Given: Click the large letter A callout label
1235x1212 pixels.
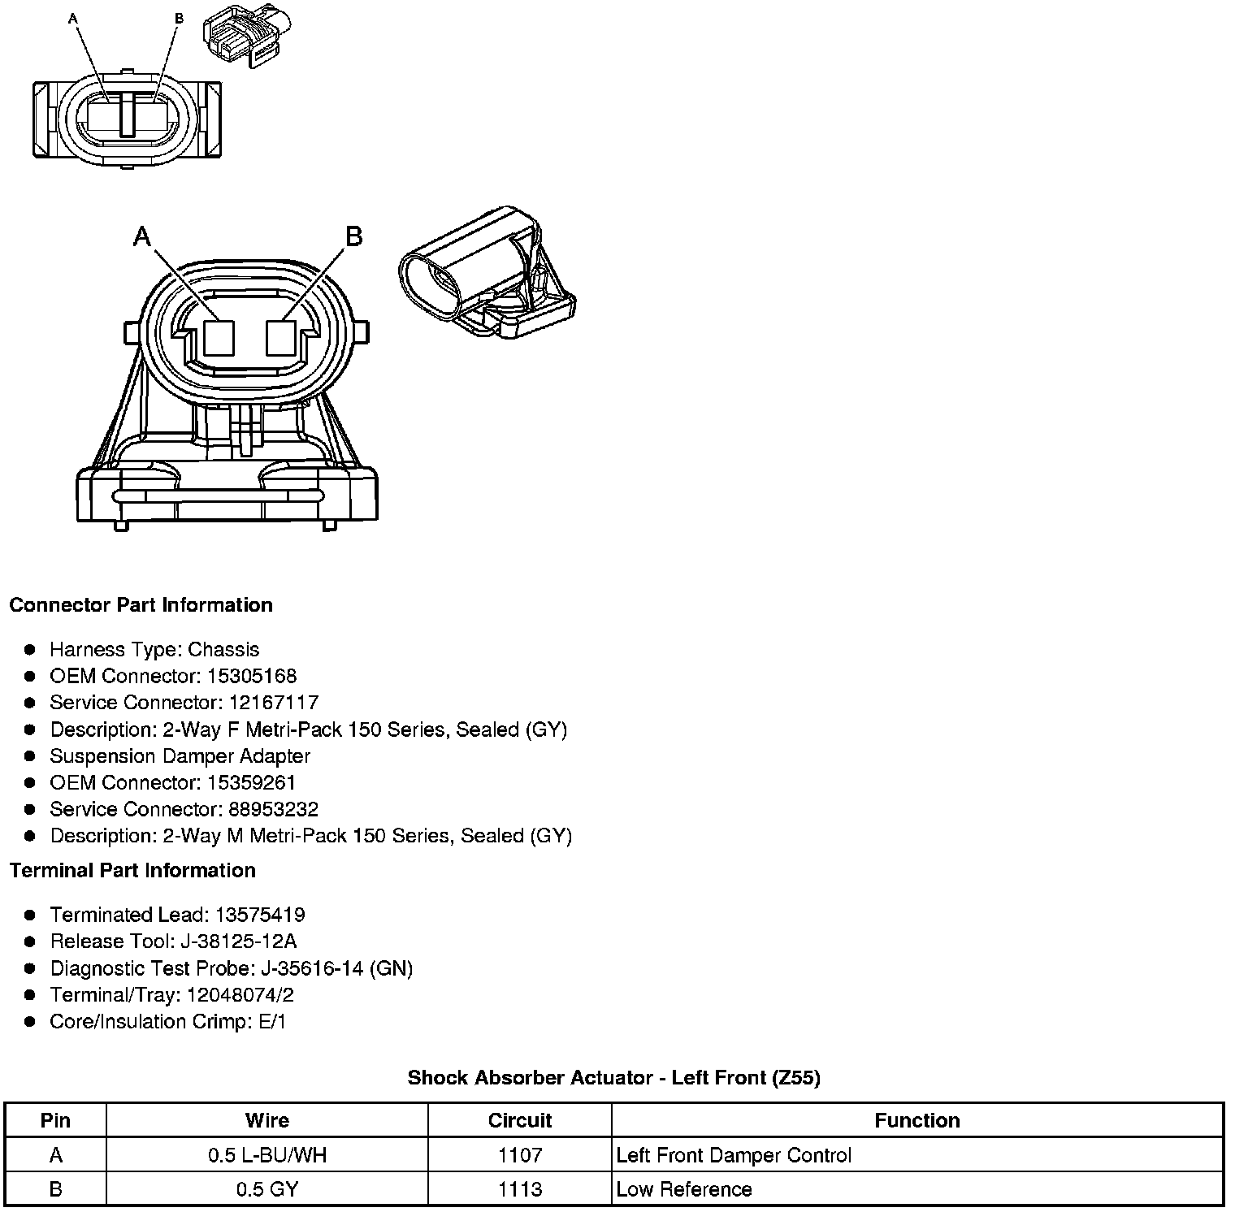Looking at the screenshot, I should [142, 236].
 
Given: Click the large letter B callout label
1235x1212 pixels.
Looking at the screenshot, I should [353, 236].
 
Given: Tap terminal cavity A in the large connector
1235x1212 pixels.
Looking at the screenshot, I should [219, 338].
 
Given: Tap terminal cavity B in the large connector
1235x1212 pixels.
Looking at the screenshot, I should [281, 338].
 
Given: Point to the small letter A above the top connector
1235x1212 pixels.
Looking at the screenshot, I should [73, 18].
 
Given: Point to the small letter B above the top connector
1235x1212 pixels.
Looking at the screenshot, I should [179, 18].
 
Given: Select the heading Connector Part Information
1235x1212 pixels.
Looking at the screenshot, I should [141, 605].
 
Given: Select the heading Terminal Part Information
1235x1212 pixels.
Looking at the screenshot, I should [132, 871].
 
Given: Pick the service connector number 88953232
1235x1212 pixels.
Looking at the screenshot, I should [274, 809].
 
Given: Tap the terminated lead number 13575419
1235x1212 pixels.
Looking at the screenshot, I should [259, 915].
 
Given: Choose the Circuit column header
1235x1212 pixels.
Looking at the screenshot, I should [519, 1120].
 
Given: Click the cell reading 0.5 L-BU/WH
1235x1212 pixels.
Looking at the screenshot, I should [267, 1155].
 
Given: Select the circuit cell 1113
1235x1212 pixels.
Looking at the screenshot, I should [519, 1189].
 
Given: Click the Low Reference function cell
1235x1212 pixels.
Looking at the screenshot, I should [684, 1189].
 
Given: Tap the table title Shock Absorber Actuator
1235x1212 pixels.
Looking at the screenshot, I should [613, 1078].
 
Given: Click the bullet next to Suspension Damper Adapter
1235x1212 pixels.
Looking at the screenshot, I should [30, 756].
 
